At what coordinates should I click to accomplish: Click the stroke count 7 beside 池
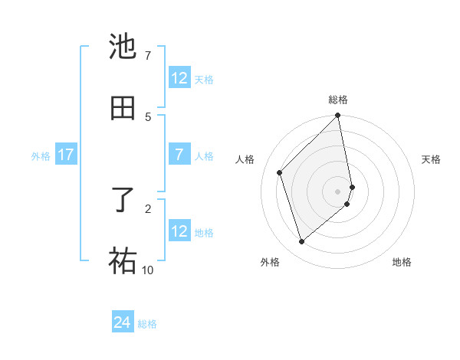click(x=147, y=56)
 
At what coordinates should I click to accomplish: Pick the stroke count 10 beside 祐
click(x=147, y=270)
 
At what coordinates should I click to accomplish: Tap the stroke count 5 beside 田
click(x=147, y=117)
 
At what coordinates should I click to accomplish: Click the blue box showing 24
click(x=123, y=323)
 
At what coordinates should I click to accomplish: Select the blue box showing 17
click(x=65, y=155)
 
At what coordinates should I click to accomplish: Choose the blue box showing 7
click(x=179, y=155)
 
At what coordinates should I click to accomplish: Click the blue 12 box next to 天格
click(x=179, y=78)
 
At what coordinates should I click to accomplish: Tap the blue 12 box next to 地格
click(x=179, y=231)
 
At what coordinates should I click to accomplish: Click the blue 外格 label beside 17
click(x=41, y=156)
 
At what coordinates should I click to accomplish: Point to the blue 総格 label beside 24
click(x=147, y=324)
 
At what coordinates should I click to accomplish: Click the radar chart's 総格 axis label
click(x=338, y=100)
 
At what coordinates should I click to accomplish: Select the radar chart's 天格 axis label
click(x=431, y=159)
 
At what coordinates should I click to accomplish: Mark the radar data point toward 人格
click(x=280, y=172)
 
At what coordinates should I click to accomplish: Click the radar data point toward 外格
click(x=302, y=242)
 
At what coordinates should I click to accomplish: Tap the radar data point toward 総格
click(x=338, y=116)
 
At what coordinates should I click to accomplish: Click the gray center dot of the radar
click(x=338, y=191)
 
